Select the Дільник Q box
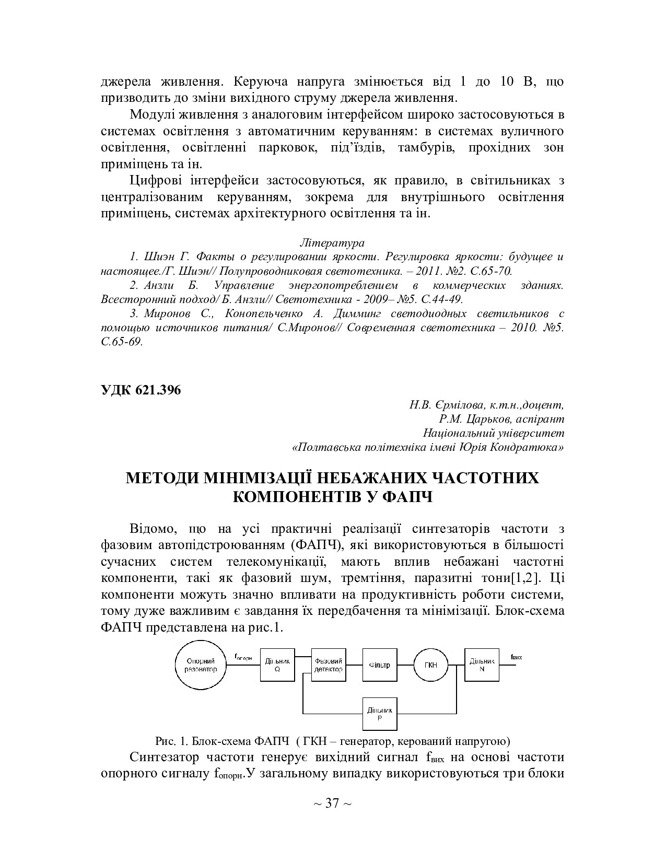click(277, 665)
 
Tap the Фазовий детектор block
click(328, 665)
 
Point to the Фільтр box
click(380, 665)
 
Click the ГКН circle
click(432, 665)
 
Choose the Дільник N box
click(481, 665)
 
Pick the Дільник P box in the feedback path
click(380, 714)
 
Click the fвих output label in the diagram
click(516, 657)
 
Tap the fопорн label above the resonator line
click(243, 657)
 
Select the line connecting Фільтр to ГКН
click(406, 665)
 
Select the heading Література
click(332, 243)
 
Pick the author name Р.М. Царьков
click(472, 419)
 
